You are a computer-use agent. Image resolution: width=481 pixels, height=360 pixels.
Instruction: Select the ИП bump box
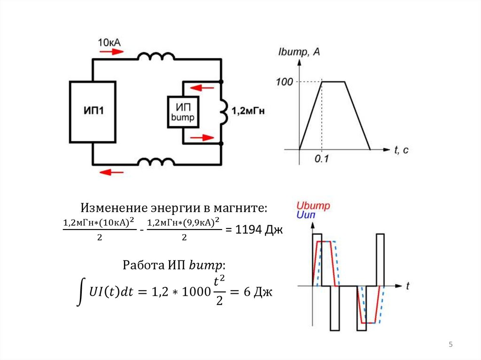[183, 112]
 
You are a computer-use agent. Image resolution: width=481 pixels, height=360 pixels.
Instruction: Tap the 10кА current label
[109, 43]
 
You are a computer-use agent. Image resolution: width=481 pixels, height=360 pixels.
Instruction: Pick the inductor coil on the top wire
[155, 56]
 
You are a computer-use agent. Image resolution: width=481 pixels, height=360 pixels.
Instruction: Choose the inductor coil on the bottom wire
[155, 162]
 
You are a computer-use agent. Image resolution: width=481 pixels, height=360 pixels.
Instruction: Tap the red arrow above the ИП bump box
[199, 86]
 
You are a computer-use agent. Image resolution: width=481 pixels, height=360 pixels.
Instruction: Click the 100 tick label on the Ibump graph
[284, 82]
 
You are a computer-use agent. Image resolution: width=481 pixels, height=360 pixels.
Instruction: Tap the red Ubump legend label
[313, 206]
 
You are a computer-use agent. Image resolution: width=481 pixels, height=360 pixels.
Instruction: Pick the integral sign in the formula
[82, 291]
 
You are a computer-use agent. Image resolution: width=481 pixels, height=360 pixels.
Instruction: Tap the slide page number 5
[451, 345]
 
